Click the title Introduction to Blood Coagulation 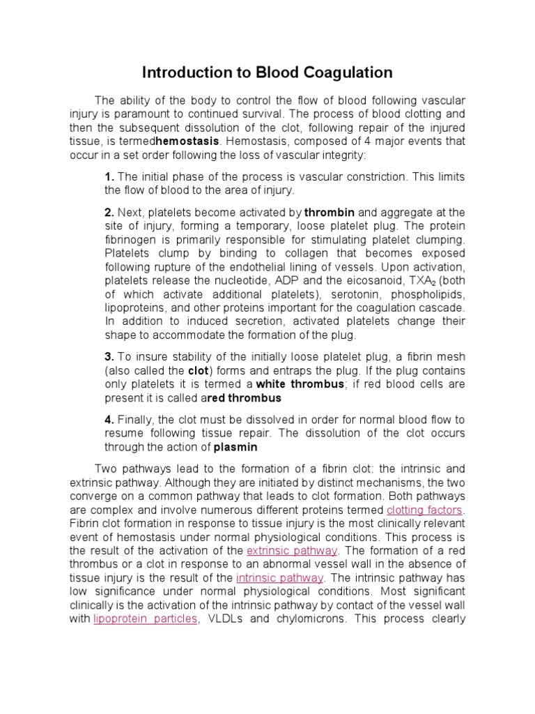click(x=267, y=73)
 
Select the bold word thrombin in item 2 click(x=329, y=212)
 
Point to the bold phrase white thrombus click(x=300, y=384)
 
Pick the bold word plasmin click(x=235, y=447)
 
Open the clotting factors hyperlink click(x=425, y=510)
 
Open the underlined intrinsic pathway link click(x=279, y=578)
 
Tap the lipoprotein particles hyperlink click(x=146, y=619)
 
